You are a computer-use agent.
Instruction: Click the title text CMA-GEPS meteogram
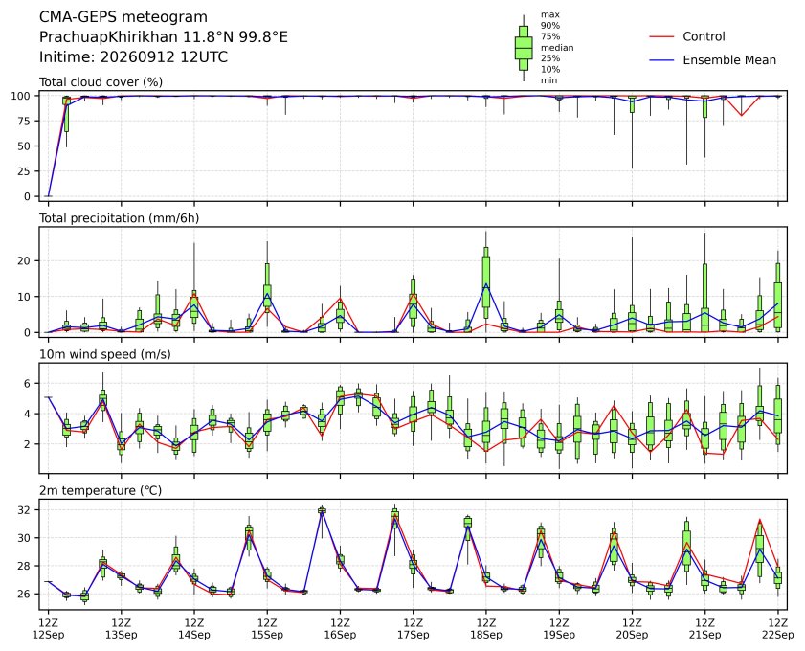click(x=123, y=17)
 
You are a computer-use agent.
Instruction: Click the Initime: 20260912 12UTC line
click(x=133, y=57)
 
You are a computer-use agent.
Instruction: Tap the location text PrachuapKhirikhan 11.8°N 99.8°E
click(x=164, y=37)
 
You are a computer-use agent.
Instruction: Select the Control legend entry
click(x=687, y=36)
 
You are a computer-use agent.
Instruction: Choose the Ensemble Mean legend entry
click(x=712, y=60)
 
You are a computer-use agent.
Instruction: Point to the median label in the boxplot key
click(x=556, y=48)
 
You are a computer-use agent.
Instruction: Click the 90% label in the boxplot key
click(x=549, y=26)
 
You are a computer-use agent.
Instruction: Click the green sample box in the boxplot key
click(x=524, y=48)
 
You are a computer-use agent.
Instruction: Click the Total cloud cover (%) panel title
click(x=101, y=82)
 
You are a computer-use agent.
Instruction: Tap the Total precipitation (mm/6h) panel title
click(x=119, y=218)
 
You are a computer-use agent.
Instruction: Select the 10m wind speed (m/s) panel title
click(x=105, y=354)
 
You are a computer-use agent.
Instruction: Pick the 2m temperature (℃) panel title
click(x=101, y=490)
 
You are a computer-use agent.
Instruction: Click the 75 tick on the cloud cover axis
click(x=25, y=121)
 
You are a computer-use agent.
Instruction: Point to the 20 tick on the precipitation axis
click(x=25, y=260)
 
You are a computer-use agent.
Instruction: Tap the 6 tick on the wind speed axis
click(x=28, y=384)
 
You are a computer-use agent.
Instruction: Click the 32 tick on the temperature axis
click(x=25, y=510)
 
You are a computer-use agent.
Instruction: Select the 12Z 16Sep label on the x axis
click(x=340, y=629)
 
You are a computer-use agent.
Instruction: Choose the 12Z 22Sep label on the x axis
click(x=778, y=629)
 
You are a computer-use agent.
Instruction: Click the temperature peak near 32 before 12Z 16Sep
click(x=322, y=510)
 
